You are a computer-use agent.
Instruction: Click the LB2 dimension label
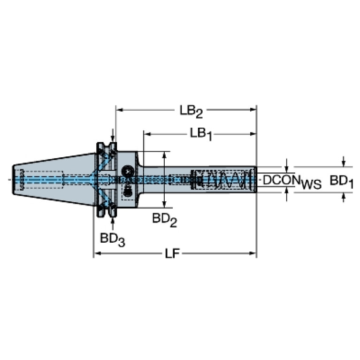coord(191,112)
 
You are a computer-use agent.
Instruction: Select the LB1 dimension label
coord(201,134)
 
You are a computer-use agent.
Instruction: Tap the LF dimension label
coord(172,254)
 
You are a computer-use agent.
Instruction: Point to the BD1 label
coord(341,181)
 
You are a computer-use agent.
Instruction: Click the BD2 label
coord(164,220)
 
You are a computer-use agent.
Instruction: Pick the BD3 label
coord(113,240)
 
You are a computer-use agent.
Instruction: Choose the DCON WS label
coord(292,181)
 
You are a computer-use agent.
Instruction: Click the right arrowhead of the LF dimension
coord(253,253)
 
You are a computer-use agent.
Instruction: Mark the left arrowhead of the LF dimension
coord(97,253)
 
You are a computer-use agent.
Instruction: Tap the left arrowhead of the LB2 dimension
coord(119,110)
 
